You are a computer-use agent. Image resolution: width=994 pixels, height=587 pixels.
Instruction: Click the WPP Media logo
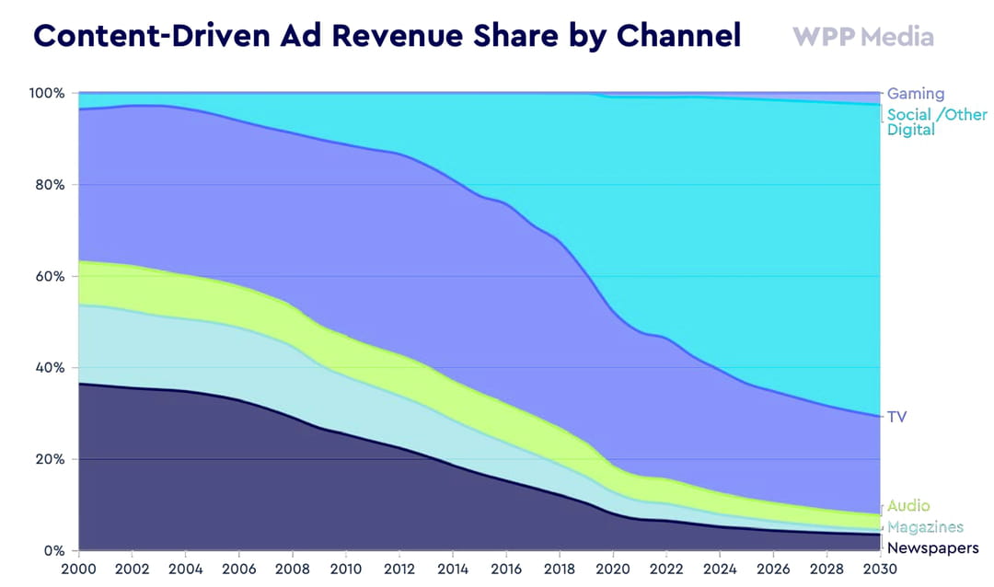pos(862,37)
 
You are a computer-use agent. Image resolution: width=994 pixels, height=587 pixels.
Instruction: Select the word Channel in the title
pos(678,35)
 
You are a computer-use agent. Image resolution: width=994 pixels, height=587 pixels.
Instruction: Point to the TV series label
pos(896,417)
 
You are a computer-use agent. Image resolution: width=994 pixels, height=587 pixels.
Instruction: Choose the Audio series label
pos(908,506)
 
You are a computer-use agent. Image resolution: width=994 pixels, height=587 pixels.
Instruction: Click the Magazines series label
pos(925,527)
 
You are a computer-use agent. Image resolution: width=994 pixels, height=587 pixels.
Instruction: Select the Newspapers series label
pos(931,548)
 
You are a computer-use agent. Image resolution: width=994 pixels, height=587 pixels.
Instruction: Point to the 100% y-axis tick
pos(46,94)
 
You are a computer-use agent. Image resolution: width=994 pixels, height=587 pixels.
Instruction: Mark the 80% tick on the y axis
pos(48,185)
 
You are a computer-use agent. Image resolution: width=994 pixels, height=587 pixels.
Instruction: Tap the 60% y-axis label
pos(48,276)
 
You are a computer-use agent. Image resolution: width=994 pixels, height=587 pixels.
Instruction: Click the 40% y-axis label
pos(48,368)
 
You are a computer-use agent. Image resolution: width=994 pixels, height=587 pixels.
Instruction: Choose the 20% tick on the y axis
pos(48,459)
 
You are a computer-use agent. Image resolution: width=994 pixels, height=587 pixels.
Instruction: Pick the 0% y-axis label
pos(53,551)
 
